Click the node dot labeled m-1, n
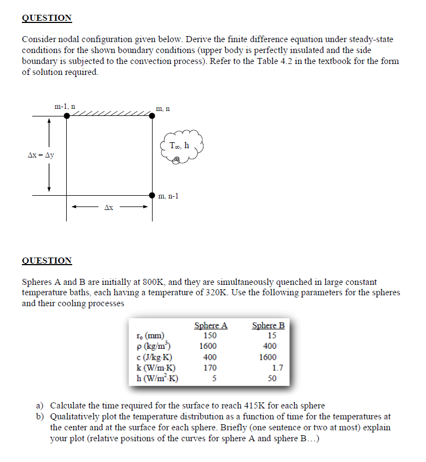tap(67, 116)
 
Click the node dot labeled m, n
tap(152, 116)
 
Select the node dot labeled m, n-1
tap(152, 195)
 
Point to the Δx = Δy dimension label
tap(41, 155)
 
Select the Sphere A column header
tap(211, 326)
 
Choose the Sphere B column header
tap(268, 326)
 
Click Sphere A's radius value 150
tap(209, 336)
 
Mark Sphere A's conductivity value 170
tap(209, 367)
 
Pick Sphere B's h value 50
tap(272, 378)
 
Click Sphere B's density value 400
tap(270, 346)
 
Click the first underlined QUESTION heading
tap(46, 18)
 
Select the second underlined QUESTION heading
tap(46, 261)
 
